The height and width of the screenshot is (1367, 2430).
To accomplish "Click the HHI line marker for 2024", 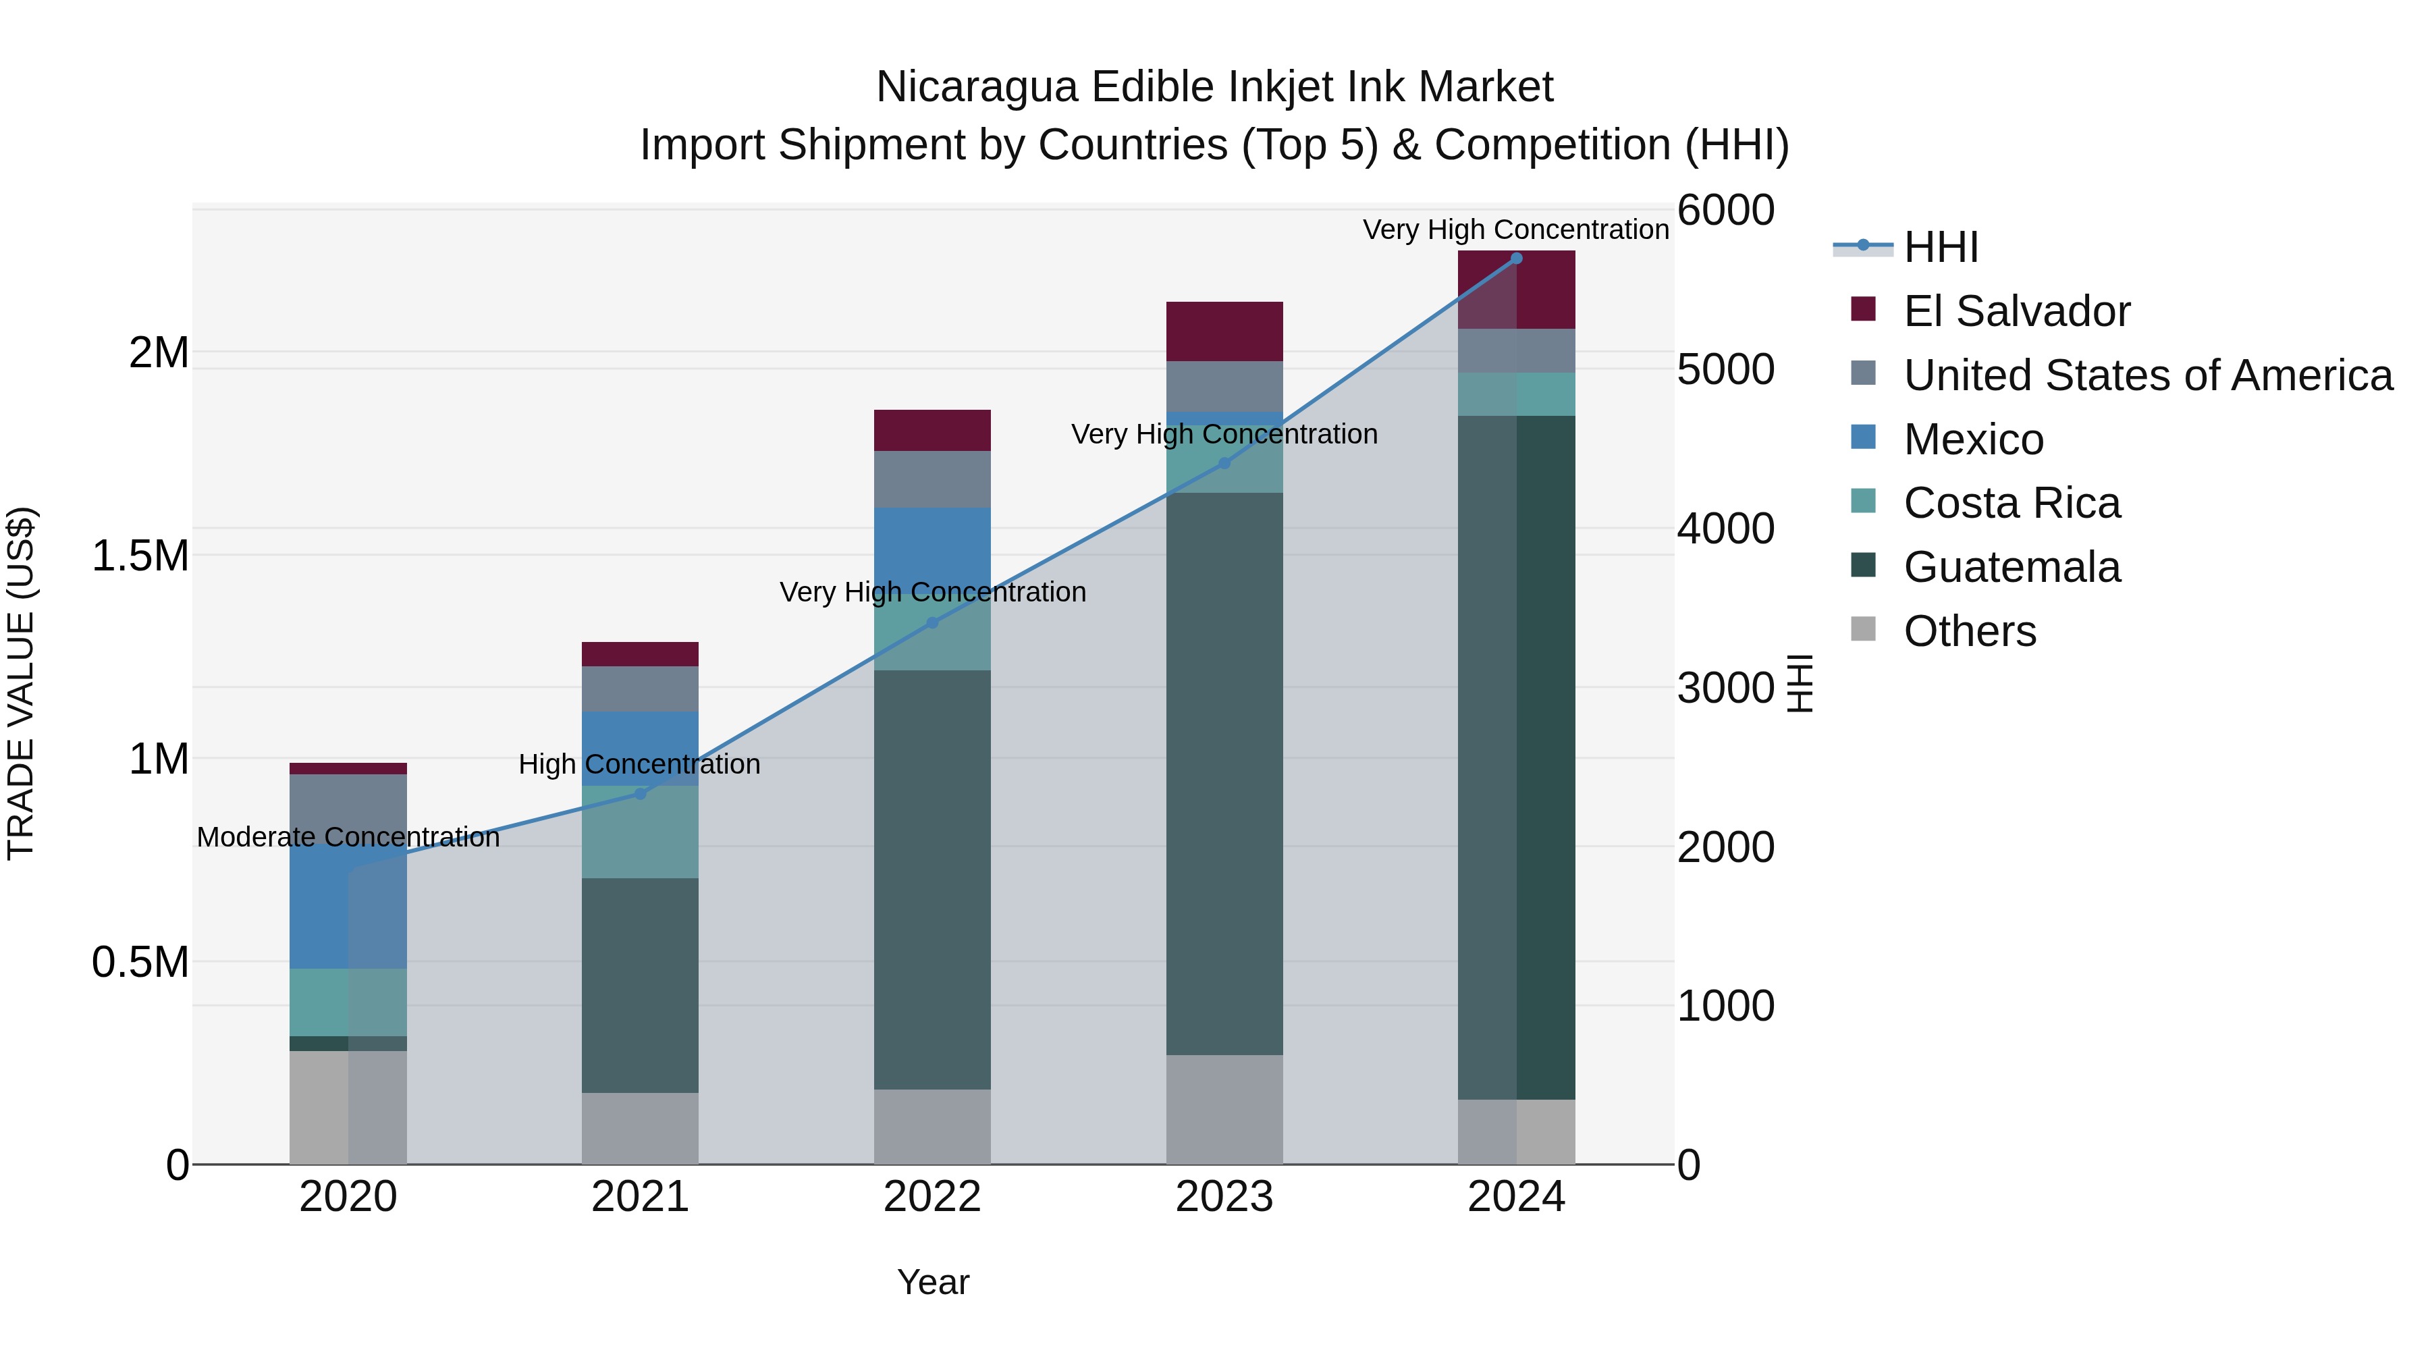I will pos(1516,259).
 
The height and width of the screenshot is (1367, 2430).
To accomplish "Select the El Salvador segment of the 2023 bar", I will pos(1224,331).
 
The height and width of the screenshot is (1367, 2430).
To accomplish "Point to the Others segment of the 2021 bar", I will pos(640,1127).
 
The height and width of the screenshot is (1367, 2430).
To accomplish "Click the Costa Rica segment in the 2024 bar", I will pos(1516,394).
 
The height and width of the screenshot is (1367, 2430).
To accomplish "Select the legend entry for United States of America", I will pos(2147,375).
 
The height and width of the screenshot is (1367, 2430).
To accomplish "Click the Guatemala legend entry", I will pos(2012,568).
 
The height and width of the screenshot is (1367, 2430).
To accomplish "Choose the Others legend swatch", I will pos(1863,628).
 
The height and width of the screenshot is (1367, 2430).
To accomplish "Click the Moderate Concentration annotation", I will pos(348,837).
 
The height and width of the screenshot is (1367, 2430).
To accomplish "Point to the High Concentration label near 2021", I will pos(640,764).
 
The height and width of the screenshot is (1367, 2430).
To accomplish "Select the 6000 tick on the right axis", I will pos(1725,211).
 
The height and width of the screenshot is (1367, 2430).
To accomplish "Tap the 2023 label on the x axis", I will pos(1224,1197).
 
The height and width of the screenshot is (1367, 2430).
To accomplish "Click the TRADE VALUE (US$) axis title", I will pos(21,683).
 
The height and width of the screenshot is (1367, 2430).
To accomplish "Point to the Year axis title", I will pos(933,1282).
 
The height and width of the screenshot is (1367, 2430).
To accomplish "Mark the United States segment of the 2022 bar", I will pos(932,479).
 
